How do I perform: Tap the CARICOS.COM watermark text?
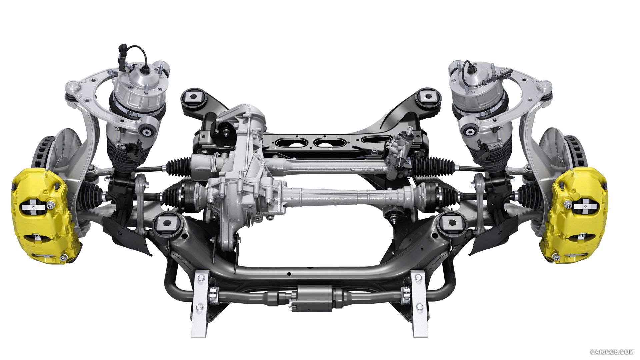click(612, 352)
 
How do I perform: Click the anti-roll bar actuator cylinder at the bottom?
click(312, 297)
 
